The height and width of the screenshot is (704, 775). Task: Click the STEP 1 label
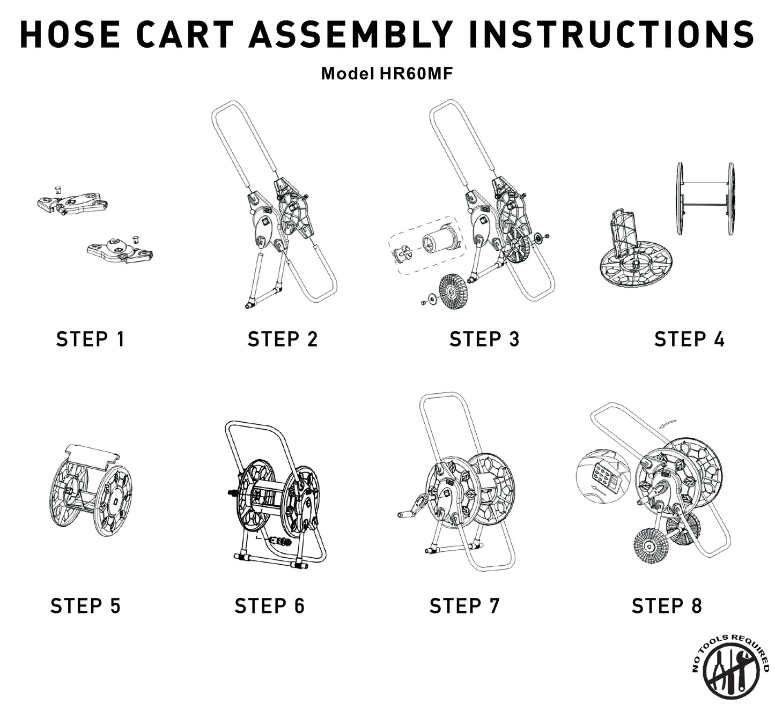click(x=90, y=339)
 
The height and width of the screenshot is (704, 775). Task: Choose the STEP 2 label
click(x=283, y=339)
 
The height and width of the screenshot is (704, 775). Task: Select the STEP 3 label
click(x=484, y=339)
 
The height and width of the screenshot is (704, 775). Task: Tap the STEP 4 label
click(x=689, y=339)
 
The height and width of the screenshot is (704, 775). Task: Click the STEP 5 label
click(x=85, y=605)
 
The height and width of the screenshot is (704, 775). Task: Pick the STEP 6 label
click(x=269, y=605)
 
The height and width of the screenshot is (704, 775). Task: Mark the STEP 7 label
click(x=464, y=605)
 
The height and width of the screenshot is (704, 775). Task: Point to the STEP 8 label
click(x=667, y=605)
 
